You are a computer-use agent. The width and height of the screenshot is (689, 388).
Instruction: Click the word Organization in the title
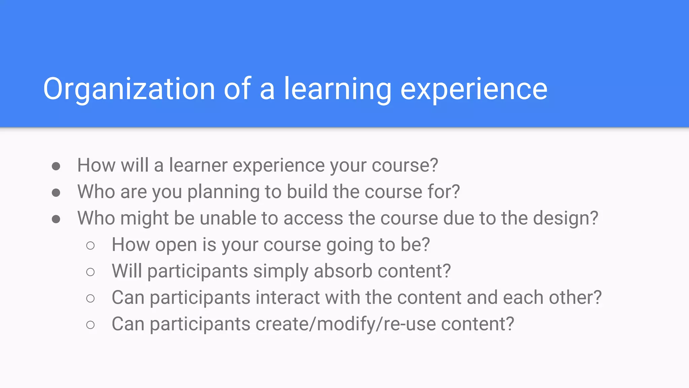point(129,89)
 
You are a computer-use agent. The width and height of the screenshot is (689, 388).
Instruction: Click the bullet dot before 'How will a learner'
point(56,166)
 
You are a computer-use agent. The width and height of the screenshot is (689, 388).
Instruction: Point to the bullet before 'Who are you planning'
point(56,193)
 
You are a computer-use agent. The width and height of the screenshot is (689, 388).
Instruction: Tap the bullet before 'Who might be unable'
point(56,219)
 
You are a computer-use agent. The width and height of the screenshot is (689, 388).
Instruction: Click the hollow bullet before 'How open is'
point(90,246)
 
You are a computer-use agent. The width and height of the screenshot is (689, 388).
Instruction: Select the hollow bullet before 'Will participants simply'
point(90,272)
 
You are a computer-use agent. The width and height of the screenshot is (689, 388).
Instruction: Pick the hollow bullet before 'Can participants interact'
point(90,298)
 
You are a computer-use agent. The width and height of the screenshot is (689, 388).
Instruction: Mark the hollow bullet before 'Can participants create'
point(90,325)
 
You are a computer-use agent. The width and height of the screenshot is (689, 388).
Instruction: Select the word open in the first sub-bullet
point(176,245)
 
